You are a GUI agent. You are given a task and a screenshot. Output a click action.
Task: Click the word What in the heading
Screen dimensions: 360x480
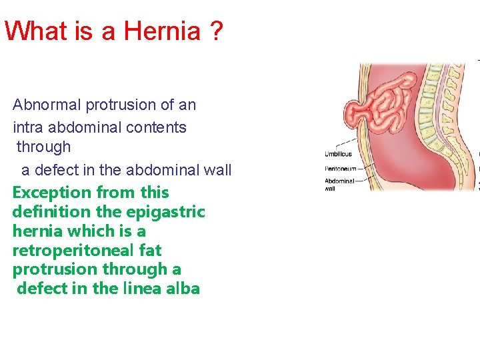pos(37,31)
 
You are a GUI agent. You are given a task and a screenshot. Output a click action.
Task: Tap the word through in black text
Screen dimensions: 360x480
pos(43,147)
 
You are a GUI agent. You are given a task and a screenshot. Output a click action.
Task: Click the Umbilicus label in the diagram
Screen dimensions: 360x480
pos(338,154)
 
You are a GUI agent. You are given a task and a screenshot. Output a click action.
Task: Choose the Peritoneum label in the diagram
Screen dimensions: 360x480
pos(339,168)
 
